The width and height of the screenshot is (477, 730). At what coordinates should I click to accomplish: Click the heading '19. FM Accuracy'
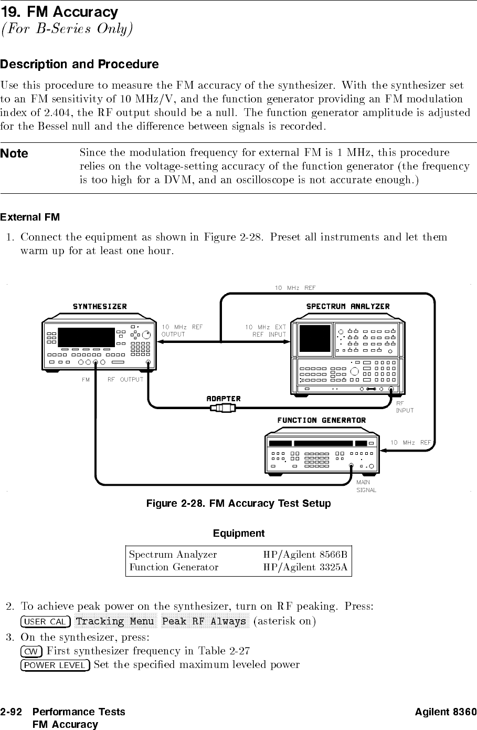(59, 11)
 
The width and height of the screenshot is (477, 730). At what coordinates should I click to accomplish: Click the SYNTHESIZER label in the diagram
(100, 306)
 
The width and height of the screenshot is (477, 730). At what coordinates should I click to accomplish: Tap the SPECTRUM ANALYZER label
(348, 306)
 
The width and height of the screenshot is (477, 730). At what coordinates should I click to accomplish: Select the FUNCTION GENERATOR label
(321, 420)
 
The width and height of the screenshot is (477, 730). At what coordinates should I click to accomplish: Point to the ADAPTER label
(224, 399)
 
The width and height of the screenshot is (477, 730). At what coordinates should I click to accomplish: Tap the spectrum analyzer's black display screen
(314, 338)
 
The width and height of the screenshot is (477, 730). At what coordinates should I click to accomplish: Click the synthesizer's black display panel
(86, 337)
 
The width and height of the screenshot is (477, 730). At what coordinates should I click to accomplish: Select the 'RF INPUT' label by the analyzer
(405, 407)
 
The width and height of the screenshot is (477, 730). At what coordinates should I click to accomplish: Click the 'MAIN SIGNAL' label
(366, 486)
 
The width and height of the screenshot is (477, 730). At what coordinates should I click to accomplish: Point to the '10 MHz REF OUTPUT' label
(182, 330)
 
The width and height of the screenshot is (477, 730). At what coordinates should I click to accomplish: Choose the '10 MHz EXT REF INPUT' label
(266, 330)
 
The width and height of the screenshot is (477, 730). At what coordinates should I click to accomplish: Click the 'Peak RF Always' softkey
(204, 622)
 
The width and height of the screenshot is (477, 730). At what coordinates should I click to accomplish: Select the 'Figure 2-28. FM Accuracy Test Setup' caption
(238, 504)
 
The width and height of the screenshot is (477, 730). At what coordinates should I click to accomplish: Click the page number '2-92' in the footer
(11, 712)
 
